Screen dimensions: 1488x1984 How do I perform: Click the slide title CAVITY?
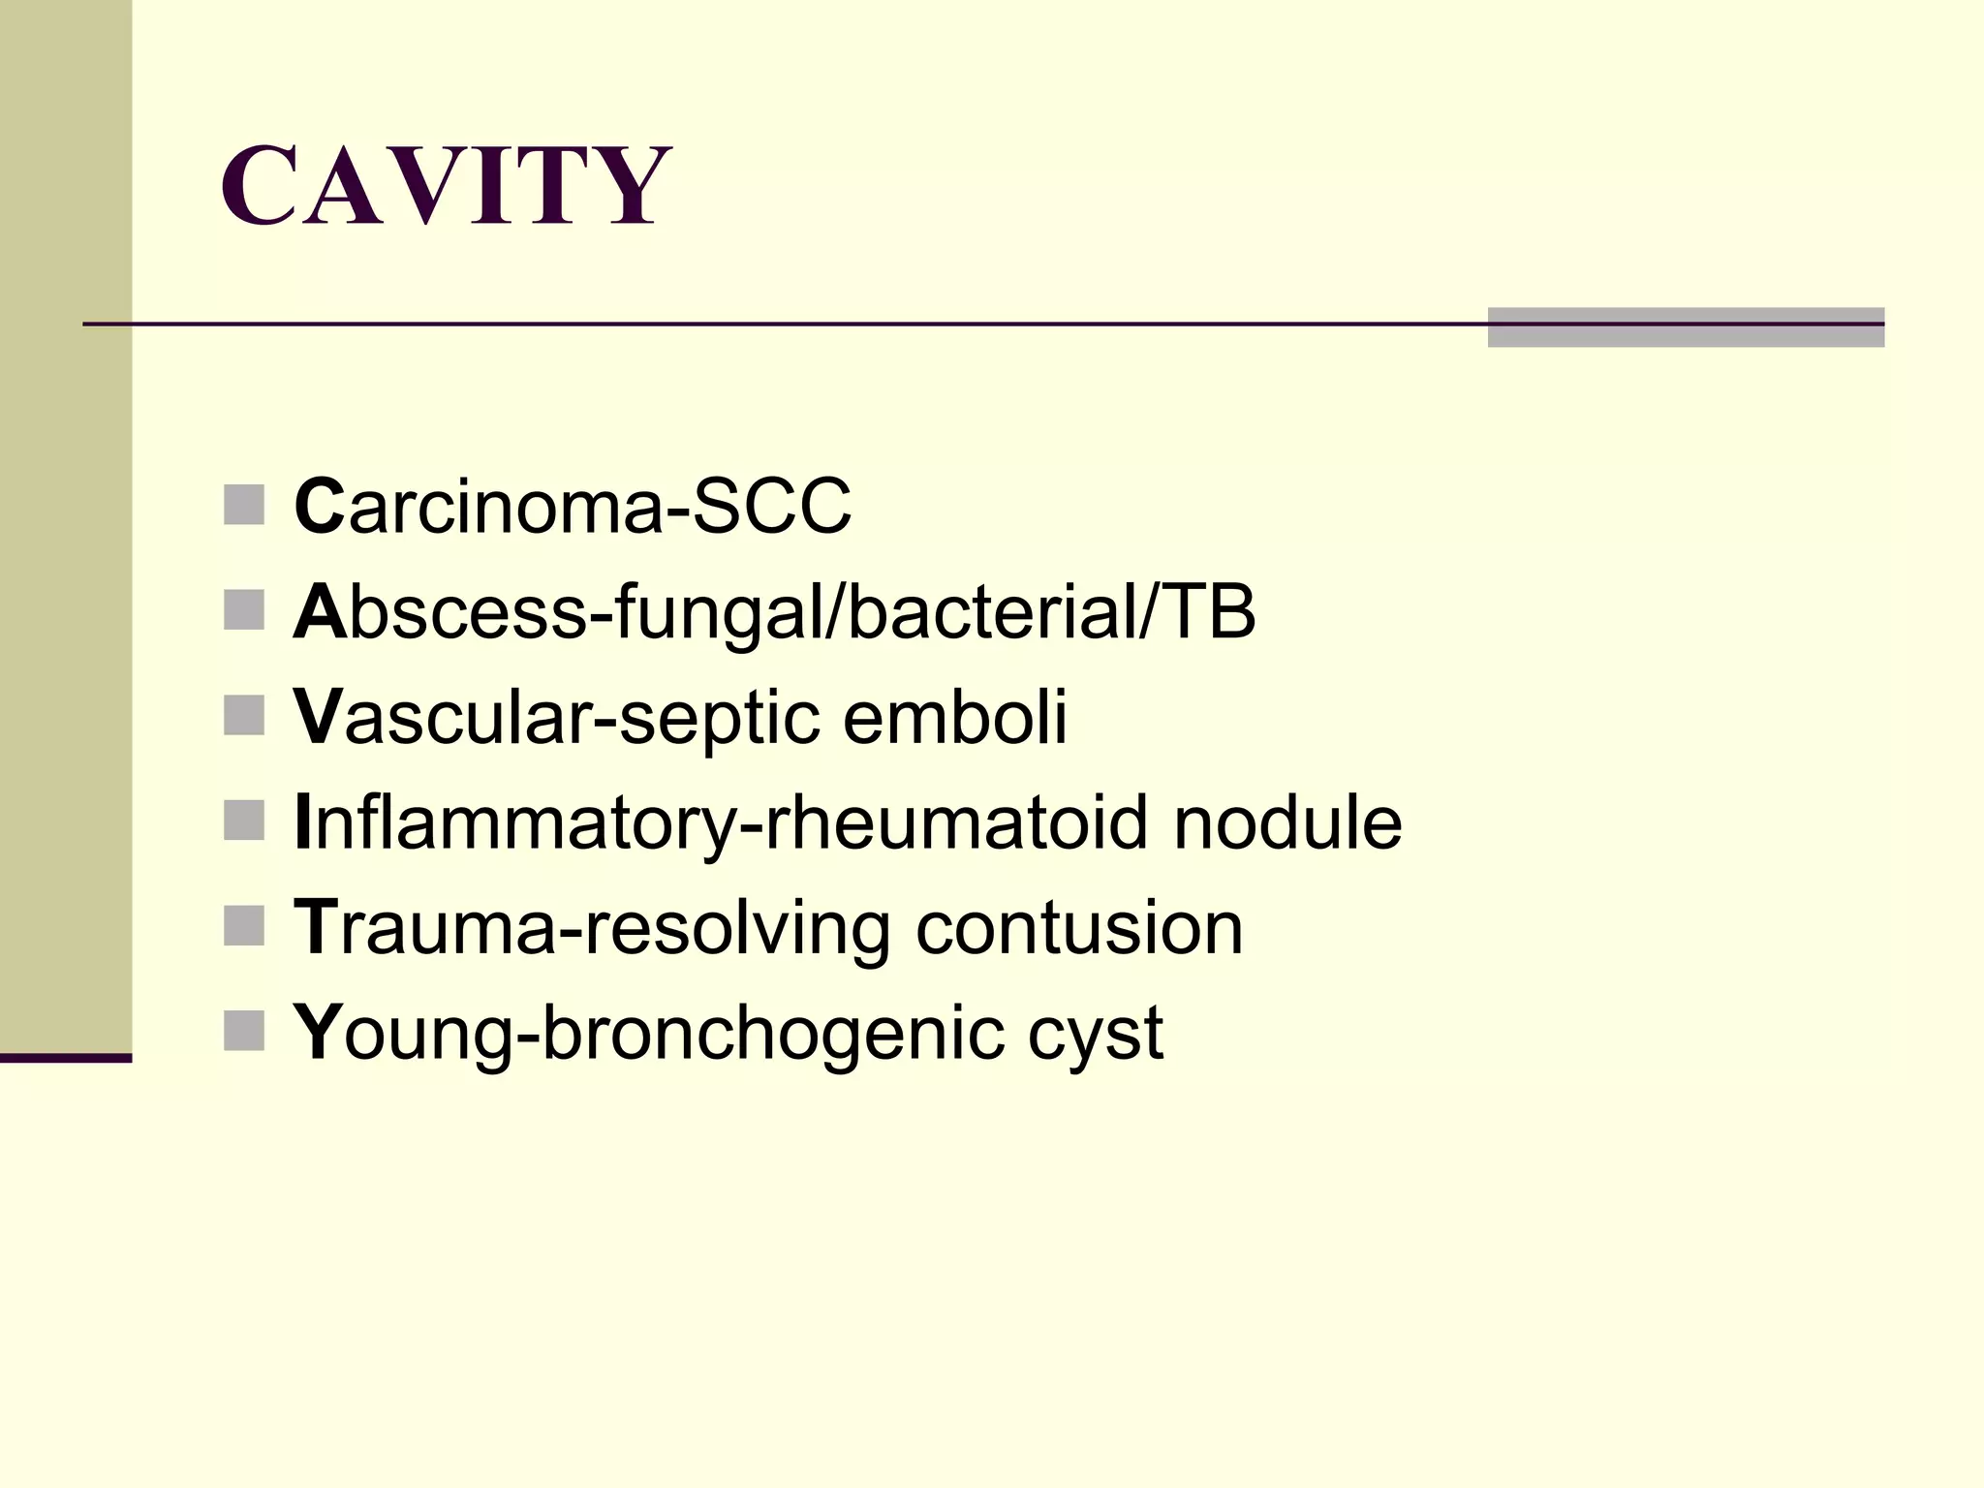pos(446,185)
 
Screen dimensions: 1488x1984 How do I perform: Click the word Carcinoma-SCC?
pos(572,506)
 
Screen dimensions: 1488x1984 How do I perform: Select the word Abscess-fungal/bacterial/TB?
pos(774,612)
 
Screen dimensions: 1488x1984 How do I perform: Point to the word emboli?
pos(954,718)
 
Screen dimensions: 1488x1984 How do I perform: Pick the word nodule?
pos(1287,823)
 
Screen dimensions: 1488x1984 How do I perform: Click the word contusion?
pos(1079,929)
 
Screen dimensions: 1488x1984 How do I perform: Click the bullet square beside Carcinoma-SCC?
pos(244,506)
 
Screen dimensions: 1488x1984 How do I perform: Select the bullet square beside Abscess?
pos(244,610)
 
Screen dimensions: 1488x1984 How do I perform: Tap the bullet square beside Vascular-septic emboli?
pos(244,716)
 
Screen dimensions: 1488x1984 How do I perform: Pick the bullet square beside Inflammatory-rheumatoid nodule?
pos(244,821)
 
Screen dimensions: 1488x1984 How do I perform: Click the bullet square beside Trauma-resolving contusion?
pos(244,926)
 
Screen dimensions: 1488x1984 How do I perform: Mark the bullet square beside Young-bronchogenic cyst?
pos(244,1031)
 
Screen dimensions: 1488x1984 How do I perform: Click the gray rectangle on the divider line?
pos(1686,327)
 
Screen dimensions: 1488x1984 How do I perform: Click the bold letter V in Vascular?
pos(318,718)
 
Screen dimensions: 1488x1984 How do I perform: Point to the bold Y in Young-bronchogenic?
pos(318,1033)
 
